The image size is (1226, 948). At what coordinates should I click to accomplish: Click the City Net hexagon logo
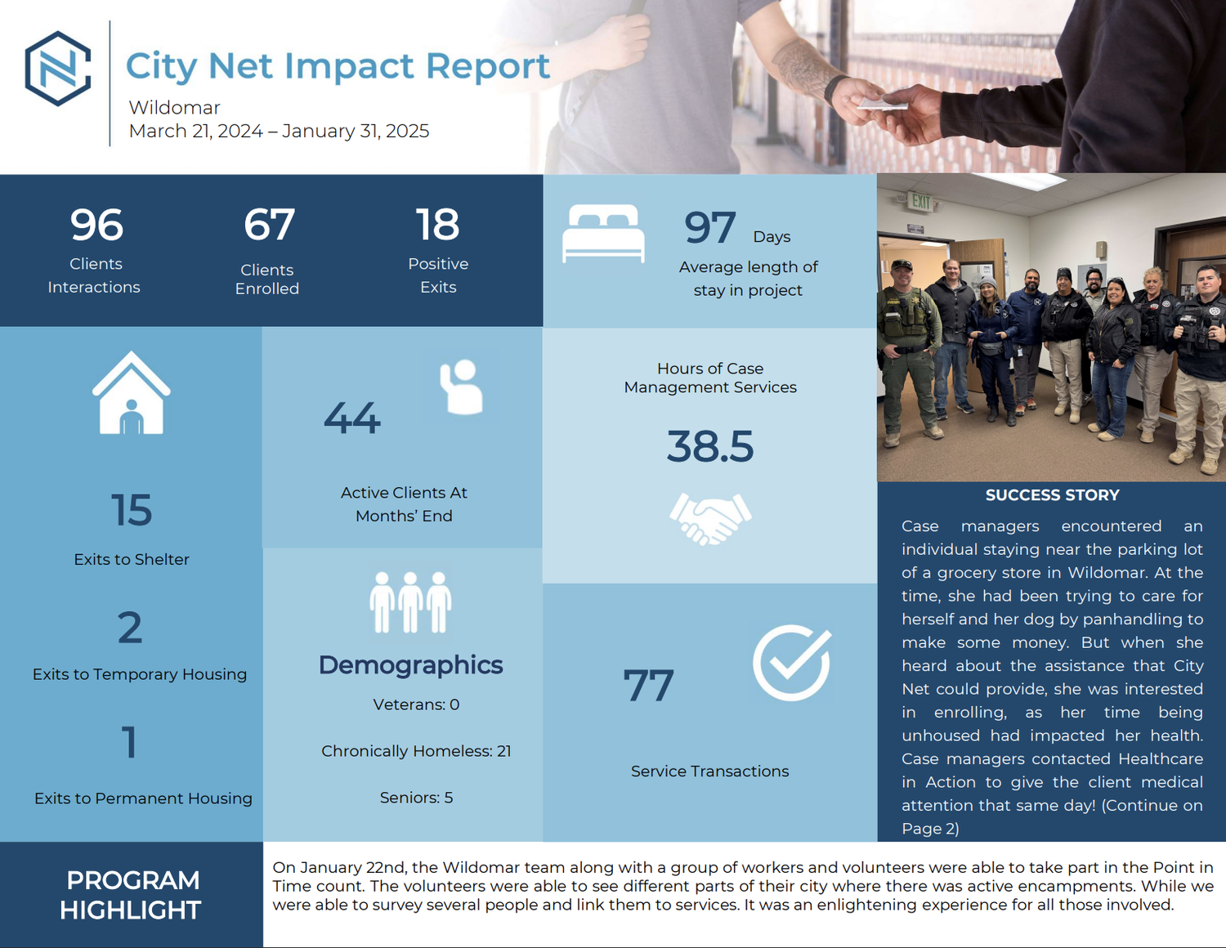[58, 69]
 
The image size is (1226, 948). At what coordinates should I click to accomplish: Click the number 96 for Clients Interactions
[96, 225]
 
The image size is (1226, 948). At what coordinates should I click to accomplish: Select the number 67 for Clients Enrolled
[269, 225]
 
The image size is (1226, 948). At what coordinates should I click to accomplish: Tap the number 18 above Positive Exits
[437, 225]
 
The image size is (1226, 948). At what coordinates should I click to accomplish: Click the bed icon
[603, 234]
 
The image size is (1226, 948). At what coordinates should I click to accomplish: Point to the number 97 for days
[710, 228]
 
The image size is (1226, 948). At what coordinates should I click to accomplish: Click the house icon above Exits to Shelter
[132, 394]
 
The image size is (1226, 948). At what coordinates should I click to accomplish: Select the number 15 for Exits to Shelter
[132, 510]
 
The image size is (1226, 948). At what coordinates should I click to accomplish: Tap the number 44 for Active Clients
[352, 418]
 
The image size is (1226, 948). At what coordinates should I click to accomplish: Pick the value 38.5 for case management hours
[709, 447]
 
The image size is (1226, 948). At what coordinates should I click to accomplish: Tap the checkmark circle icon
[791, 663]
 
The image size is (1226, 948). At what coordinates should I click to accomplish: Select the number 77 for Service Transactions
[648, 686]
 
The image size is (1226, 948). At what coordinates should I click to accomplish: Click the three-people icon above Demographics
[410, 602]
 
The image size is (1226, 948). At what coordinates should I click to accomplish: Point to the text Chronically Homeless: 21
[416, 751]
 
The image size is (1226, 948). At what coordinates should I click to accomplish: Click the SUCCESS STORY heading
[1052, 495]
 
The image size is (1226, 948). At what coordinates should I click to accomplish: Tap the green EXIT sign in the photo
[921, 200]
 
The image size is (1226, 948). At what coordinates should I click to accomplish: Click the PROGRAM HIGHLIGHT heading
[131, 895]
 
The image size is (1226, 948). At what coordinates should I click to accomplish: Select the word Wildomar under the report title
[174, 108]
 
